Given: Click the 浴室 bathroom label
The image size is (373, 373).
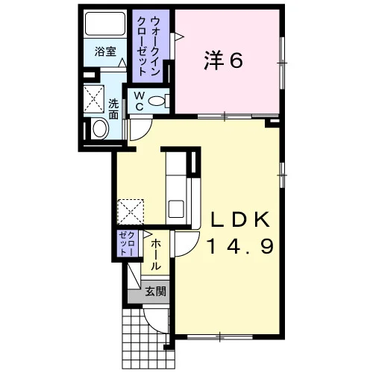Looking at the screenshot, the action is click(x=105, y=51).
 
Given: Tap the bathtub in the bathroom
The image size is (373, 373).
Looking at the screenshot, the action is click(x=105, y=24).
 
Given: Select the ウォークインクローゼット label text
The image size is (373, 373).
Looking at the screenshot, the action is click(x=148, y=46).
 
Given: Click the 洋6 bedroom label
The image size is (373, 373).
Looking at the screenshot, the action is click(x=223, y=61).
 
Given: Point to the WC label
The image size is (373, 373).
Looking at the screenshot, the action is click(x=140, y=101).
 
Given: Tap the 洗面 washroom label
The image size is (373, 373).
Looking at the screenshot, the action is click(x=113, y=109).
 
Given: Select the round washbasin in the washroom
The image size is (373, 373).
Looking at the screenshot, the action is click(x=100, y=128).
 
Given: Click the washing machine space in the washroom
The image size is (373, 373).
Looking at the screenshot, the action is click(x=93, y=98).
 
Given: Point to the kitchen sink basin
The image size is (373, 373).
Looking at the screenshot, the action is click(x=176, y=209).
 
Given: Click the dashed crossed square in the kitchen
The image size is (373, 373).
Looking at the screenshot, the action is click(x=131, y=212).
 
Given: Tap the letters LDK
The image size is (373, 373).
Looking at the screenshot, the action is click(x=240, y=219).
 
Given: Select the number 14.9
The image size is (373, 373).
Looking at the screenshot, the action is click(x=241, y=246).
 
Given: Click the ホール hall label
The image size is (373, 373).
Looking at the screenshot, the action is click(x=156, y=254).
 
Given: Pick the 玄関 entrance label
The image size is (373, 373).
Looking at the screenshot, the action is click(x=155, y=291).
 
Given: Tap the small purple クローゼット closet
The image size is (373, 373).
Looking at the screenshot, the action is click(x=128, y=243).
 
